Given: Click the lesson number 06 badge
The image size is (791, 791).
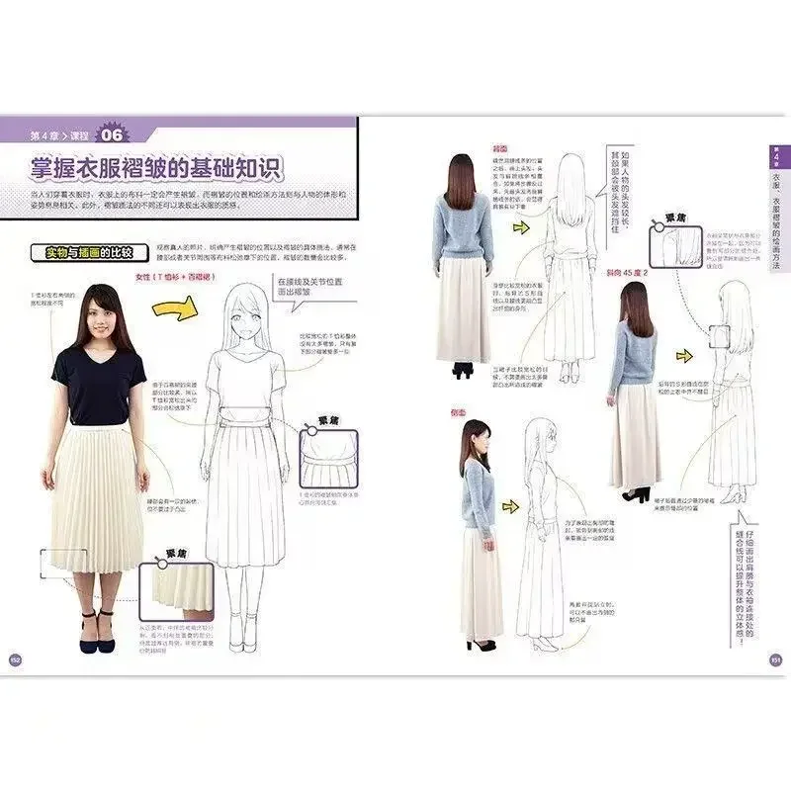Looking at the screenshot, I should (113, 135).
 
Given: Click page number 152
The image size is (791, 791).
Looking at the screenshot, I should (16, 660).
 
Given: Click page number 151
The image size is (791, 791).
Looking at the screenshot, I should (774, 660).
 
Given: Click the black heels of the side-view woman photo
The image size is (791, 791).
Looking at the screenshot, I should (481, 645).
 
